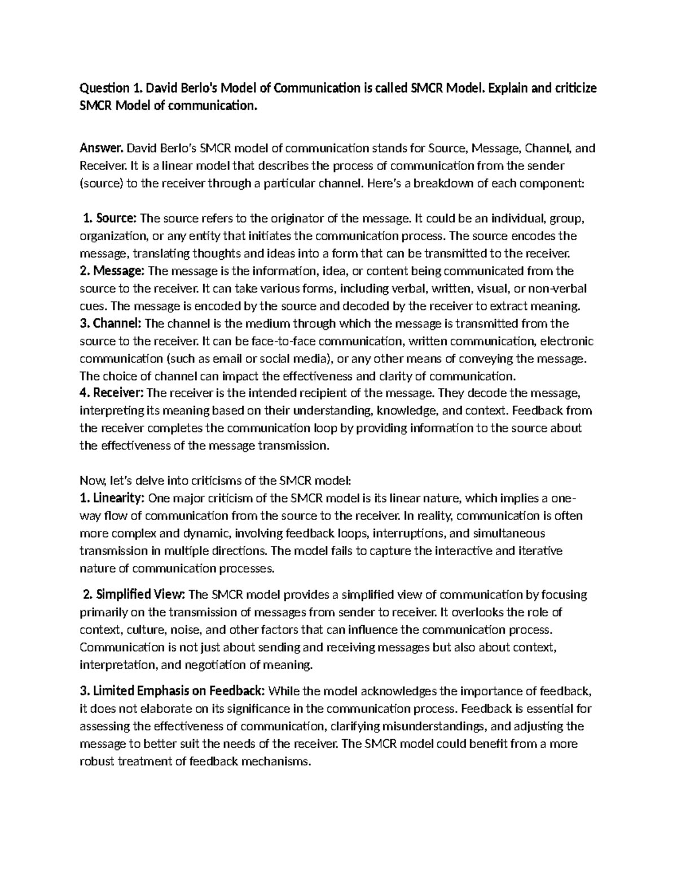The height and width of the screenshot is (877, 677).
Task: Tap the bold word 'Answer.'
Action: coord(102,149)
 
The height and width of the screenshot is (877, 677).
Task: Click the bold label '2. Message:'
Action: coord(112,271)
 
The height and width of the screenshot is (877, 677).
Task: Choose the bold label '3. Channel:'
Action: coord(111,324)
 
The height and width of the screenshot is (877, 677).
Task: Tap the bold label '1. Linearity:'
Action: coord(113,498)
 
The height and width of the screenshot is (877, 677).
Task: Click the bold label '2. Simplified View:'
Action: coord(134,595)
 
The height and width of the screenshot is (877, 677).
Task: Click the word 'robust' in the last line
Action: coord(96,761)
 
